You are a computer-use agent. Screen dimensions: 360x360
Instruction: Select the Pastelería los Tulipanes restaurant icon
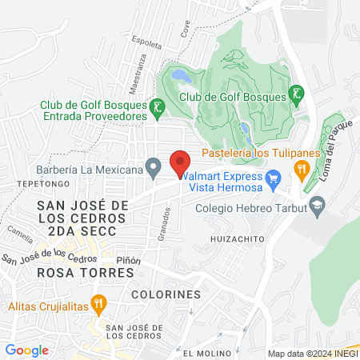click(x=302, y=168)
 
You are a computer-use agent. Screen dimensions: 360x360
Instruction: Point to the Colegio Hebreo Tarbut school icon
click(x=318, y=210)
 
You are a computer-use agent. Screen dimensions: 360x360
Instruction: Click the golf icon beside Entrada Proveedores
click(x=158, y=106)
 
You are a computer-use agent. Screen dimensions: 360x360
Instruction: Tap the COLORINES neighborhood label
click(x=174, y=294)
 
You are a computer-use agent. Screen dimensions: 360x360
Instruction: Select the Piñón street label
click(x=128, y=261)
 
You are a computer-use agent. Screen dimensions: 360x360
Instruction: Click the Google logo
click(x=26, y=350)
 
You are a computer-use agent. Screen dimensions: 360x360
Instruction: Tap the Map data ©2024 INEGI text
click(x=312, y=354)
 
